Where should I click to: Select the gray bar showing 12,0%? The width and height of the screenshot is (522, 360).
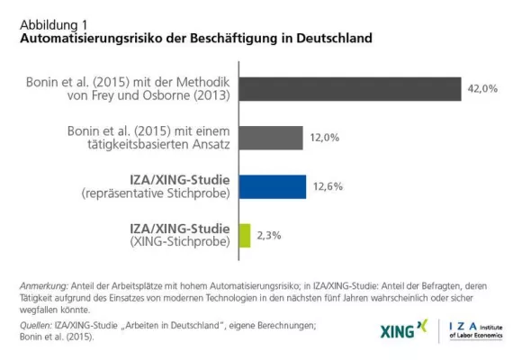(273, 138)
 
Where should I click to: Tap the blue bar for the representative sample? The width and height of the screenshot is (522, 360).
(274, 186)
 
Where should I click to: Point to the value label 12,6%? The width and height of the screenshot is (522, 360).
(328, 186)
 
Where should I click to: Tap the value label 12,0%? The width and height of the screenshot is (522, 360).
(326, 138)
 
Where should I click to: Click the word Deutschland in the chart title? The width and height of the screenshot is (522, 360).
(330, 40)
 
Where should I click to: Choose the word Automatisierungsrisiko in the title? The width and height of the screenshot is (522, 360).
(85, 40)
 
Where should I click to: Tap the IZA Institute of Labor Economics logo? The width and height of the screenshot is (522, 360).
(475, 330)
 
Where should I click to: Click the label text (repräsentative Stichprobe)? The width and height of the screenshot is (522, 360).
(158, 194)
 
